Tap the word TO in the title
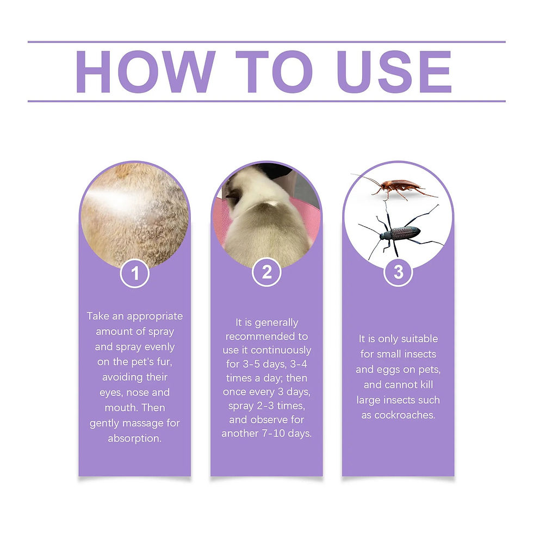coord(274,71)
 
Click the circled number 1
coord(134,274)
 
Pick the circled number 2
coord(266,272)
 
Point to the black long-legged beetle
coord(400,233)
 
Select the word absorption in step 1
coord(135,438)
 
